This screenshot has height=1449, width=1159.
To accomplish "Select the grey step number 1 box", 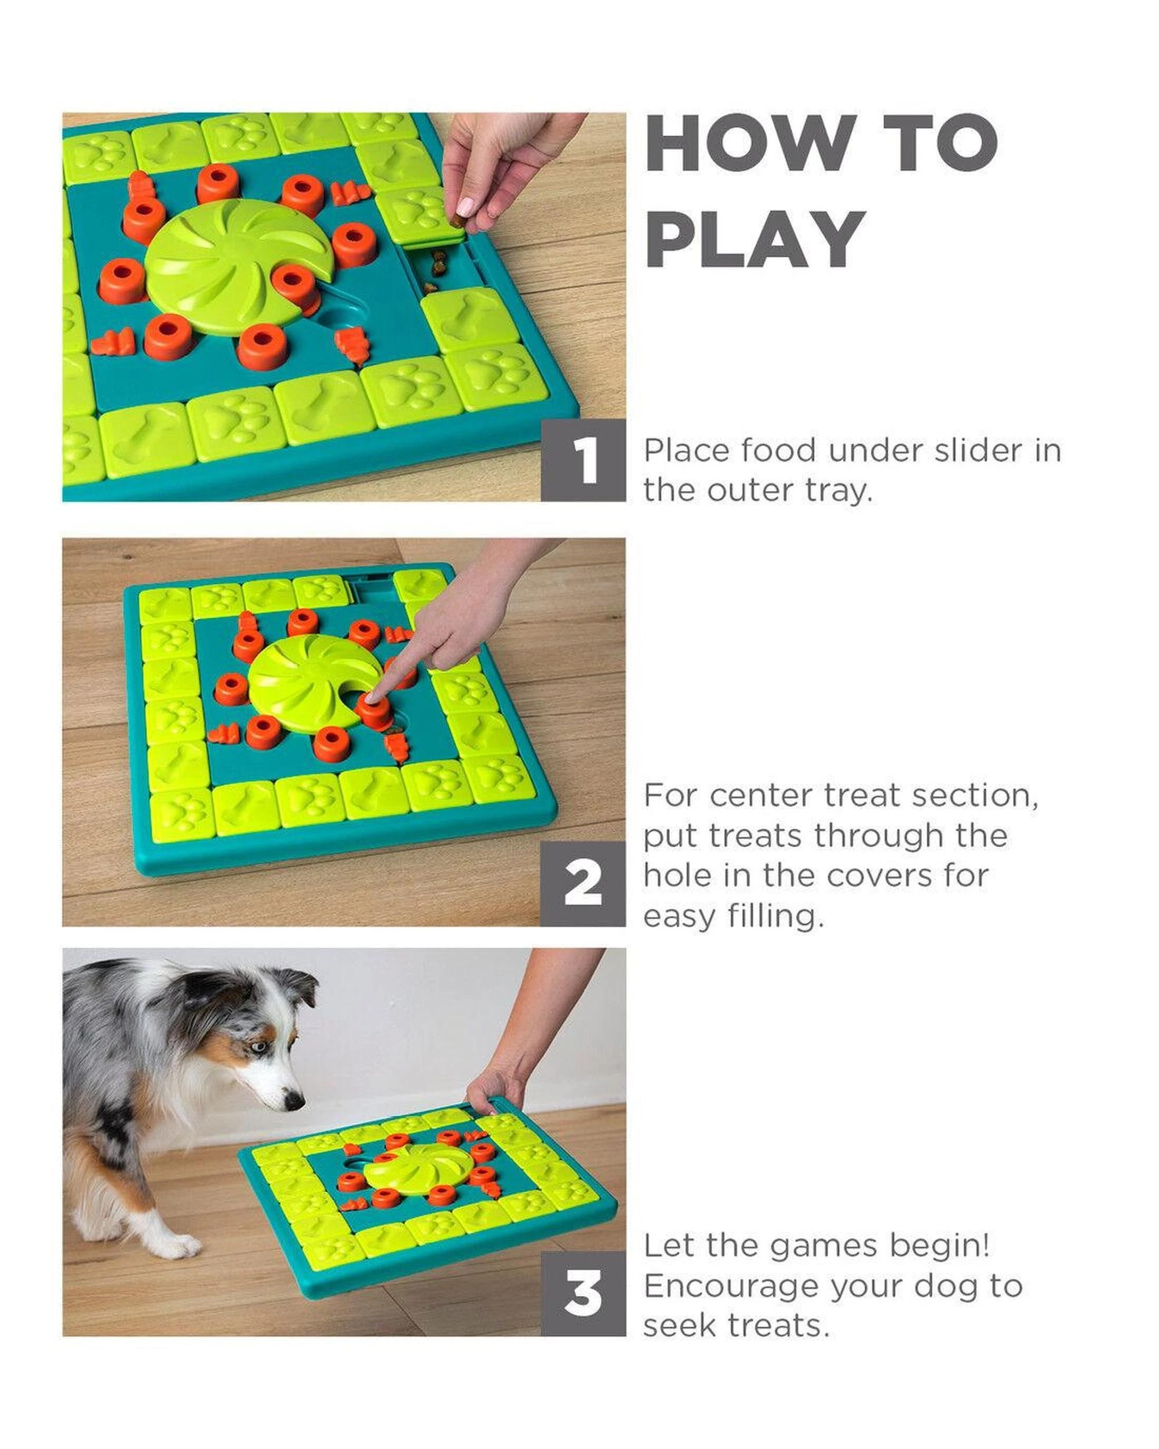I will pyautogui.click(x=582, y=460).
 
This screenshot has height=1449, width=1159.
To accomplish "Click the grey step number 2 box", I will pyautogui.click(x=582, y=884).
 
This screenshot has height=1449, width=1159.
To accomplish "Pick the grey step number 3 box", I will pyautogui.click(x=582, y=1293).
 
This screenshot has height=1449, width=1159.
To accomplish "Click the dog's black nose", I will pyautogui.click(x=294, y=1100).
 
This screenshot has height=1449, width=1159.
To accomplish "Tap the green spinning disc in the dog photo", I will pyautogui.click(x=417, y=1168).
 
